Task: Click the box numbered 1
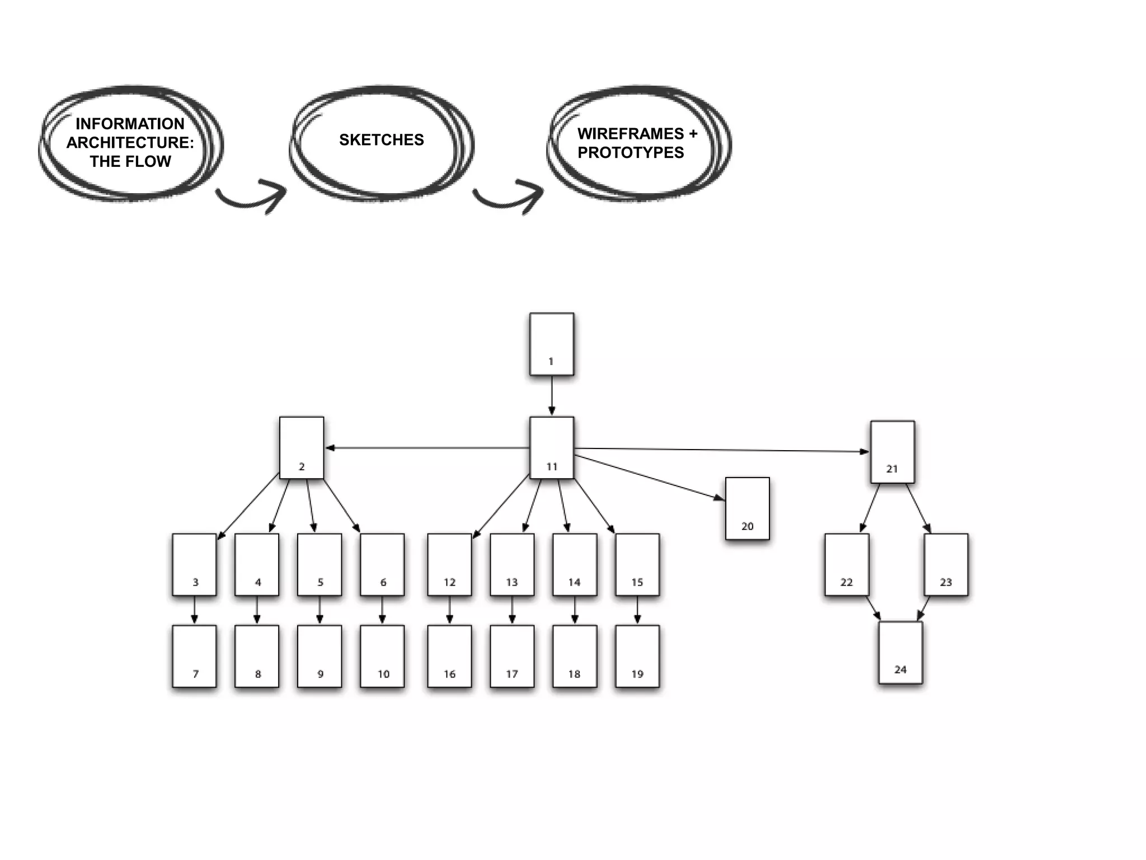click(552, 344)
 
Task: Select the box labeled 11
click(552, 447)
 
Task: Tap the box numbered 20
click(747, 508)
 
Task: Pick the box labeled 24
click(900, 652)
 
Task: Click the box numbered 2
click(302, 447)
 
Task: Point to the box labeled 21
click(893, 452)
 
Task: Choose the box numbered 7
click(194, 656)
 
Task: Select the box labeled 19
click(637, 656)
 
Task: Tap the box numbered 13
click(512, 564)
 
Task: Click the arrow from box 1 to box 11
click(552, 395)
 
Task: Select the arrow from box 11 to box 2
click(428, 448)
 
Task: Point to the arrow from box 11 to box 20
click(649, 477)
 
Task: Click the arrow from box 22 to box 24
click(873, 608)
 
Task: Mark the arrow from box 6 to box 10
click(382, 610)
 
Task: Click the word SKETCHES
click(382, 140)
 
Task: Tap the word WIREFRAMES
click(631, 134)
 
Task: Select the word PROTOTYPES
click(631, 152)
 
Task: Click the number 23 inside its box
click(946, 582)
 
